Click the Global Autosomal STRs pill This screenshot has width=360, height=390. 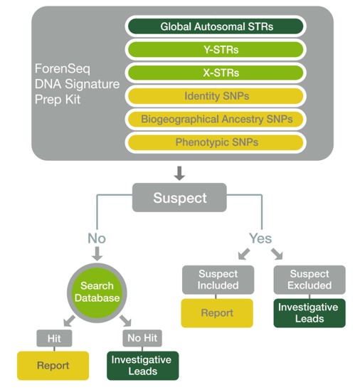pos(216,26)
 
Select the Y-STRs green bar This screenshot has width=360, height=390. pos(216,50)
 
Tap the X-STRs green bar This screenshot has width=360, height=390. pos(216,73)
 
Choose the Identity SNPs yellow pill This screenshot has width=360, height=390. pos(216,96)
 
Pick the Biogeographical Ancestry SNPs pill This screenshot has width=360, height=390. pos(216,119)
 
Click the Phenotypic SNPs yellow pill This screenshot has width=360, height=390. pos(216,142)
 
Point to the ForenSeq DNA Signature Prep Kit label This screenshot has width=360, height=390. pos(77,84)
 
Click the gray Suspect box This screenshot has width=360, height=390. pos(179,197)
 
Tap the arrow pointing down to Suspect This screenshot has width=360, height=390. pos(179,173)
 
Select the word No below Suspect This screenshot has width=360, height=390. pos(97,238)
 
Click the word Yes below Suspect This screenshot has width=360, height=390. pos(260,238)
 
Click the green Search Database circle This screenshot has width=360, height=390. pos(97,292)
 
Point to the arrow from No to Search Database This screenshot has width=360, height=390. pos(97,253)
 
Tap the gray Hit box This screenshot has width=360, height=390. pos(54,338)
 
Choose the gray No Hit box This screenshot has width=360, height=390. pos(142,338)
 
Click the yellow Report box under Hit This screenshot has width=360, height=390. pos(53,366)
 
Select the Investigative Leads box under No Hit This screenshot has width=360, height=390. pos(143,366)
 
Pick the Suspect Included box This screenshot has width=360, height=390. pos(218,280)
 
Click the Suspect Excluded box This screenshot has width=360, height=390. pos(309,280)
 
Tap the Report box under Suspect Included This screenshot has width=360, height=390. pos(217,313)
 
